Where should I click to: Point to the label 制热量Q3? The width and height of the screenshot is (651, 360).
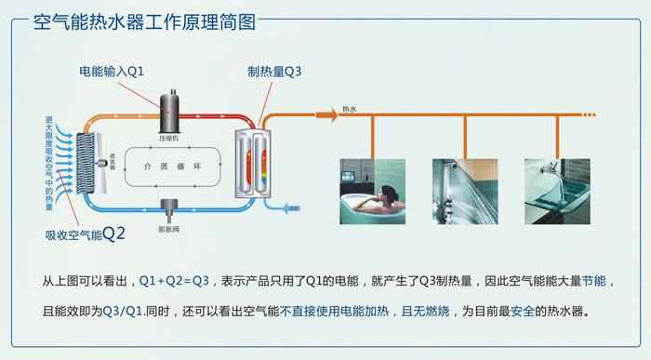point(275,71)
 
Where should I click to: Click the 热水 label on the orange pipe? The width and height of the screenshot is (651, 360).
point(350,108)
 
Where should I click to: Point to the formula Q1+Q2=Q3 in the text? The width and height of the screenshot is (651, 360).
point(174,280)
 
